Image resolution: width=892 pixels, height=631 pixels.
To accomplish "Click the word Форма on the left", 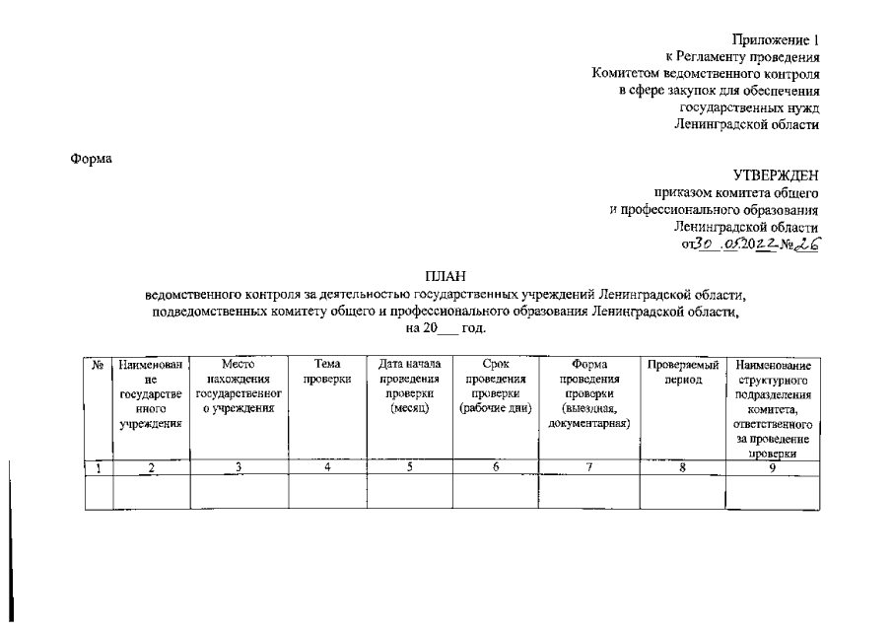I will click(92, 159).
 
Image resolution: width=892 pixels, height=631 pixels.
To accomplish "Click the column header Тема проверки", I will click(327, 372).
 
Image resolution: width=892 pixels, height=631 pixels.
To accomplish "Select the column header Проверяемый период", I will click(680, 372).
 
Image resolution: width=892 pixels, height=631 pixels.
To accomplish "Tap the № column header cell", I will click(98, 365).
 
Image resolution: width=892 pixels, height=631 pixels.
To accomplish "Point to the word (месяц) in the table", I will click(408, 409).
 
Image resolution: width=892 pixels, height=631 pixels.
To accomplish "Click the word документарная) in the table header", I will click(588, 424).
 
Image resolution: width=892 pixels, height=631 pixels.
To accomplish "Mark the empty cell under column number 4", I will click(327, 491).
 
